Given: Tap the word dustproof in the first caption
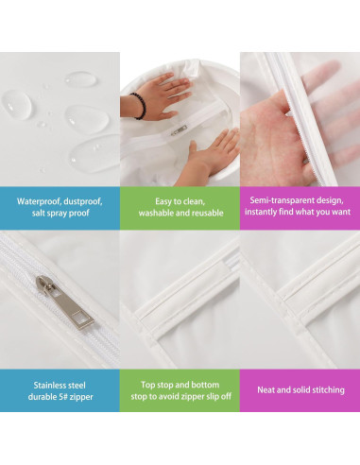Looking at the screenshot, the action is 83,201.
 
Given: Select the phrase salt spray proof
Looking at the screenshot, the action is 60,213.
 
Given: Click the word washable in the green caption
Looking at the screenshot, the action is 156,213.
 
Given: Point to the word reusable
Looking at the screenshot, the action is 208,213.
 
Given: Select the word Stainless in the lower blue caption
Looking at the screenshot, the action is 48,386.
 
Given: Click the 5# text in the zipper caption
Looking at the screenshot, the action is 62,397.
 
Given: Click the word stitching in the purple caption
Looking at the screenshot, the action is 328,390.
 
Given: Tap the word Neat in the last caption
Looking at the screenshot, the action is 266,390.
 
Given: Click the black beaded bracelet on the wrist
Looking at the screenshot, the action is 140,106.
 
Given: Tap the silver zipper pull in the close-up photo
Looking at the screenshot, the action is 64,302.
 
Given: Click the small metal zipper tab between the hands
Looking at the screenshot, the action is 179,130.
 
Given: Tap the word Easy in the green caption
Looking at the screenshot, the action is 163,201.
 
